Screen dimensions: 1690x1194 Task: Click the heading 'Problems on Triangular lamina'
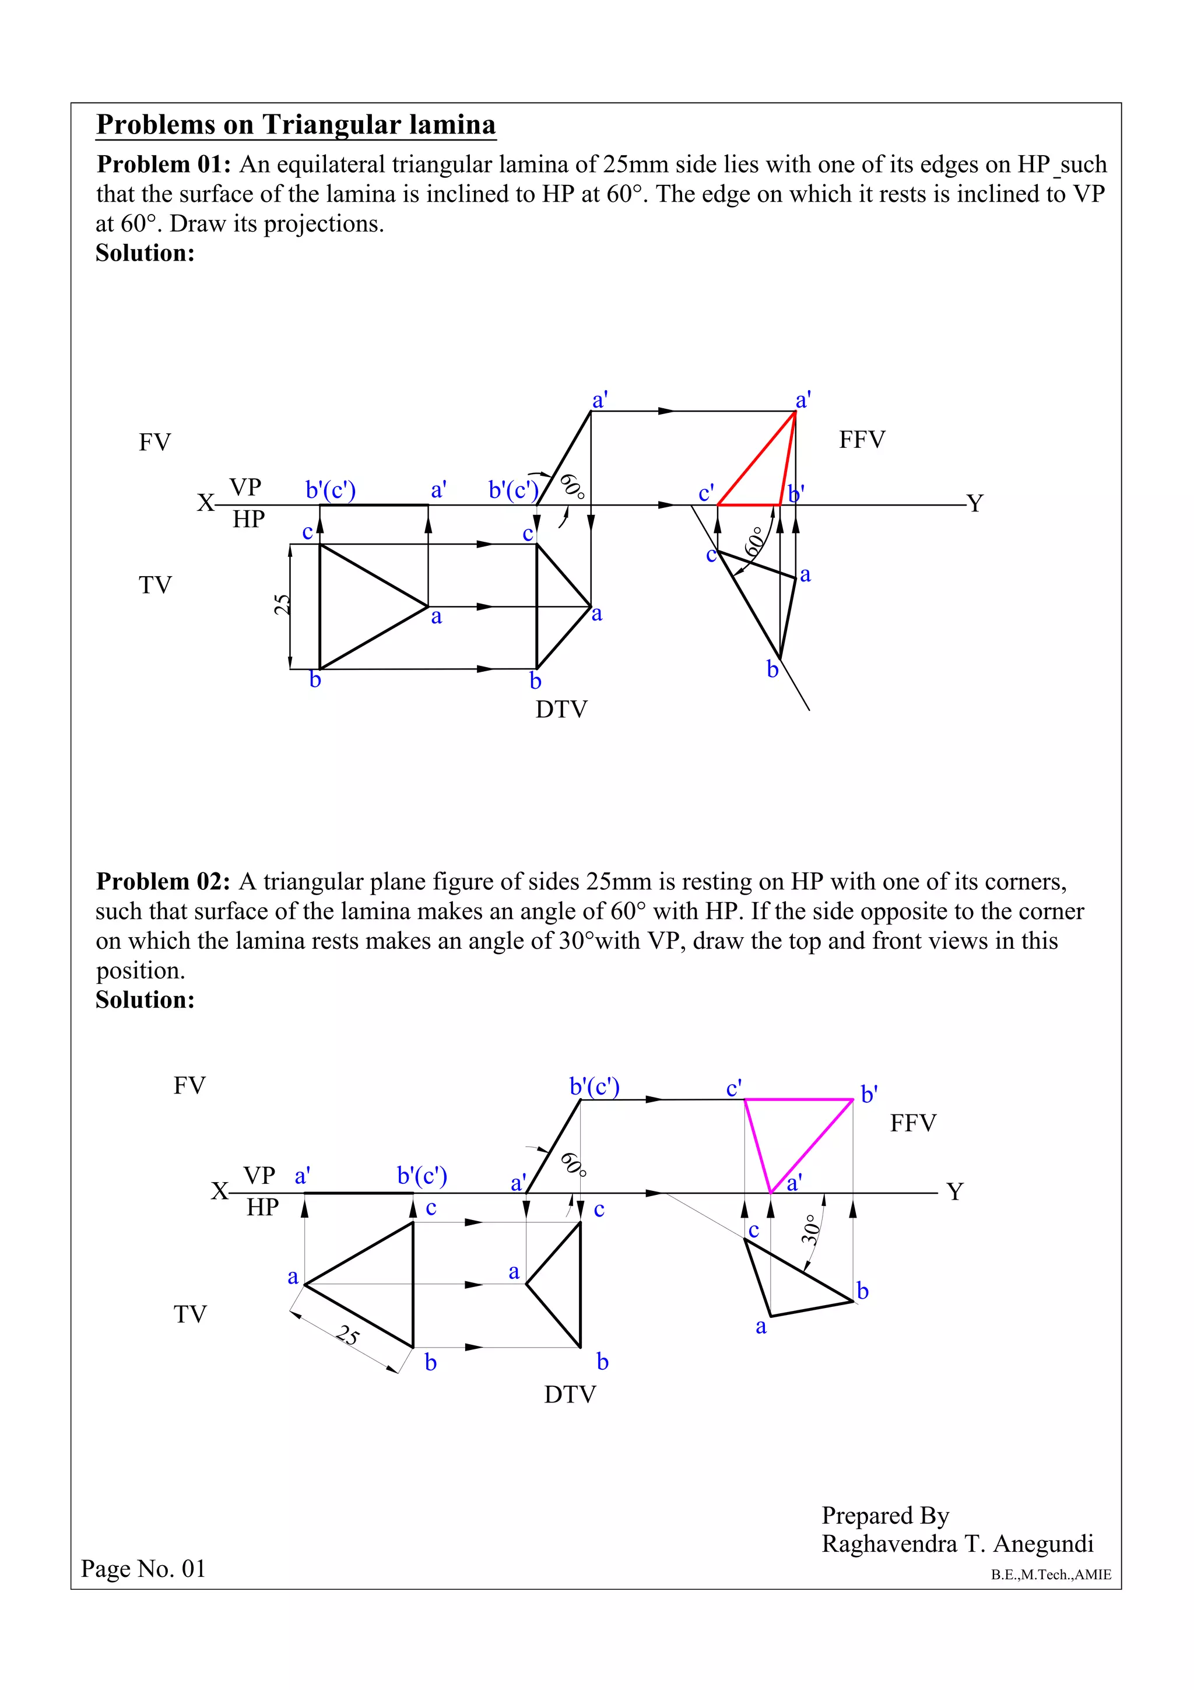[296, 124]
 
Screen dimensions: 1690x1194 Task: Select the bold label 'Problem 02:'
[163, 881]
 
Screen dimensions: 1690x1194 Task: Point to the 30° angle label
[810, 1229]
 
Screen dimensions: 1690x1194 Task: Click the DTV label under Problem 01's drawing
[561, 710]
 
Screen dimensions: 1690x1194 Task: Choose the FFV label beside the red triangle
[862, 440]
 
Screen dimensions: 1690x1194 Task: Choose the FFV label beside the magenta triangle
[913, 1123]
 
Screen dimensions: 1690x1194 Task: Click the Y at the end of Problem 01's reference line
[975, 503]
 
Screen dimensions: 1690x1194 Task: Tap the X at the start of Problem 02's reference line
[219, 1191]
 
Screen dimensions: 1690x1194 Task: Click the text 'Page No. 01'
[143, 1569]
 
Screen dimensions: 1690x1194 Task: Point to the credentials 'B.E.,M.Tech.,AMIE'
[1051, 1575]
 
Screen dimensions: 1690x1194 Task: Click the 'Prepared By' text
[885, 1515]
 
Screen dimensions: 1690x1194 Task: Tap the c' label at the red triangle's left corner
[706, 492]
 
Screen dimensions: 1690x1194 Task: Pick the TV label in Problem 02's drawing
[190, 1314]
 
